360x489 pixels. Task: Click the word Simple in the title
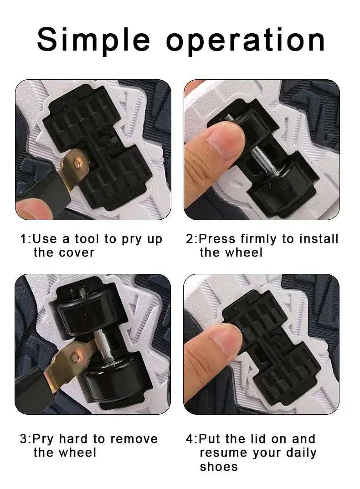(93, 40)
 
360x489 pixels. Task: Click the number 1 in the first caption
(23, 239)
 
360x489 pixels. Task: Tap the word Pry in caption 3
(43, 439)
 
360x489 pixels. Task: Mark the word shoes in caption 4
(219, 467)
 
